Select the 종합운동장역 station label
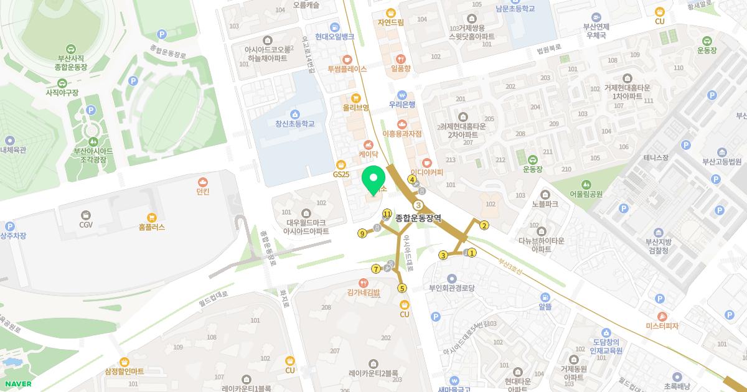(418, 218)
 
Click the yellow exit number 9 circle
(362, 234)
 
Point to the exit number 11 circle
(387, 213)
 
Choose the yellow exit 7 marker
(376, 269)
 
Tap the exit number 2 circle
(484, 226)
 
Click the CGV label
(86, 224)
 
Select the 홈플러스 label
(152, 227)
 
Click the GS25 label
(341, 174)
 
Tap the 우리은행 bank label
(402, 105)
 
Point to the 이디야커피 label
(427, 172)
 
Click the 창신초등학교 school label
(295, 123)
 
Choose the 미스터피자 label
(662, 326)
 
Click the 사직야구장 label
(62, 92)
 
